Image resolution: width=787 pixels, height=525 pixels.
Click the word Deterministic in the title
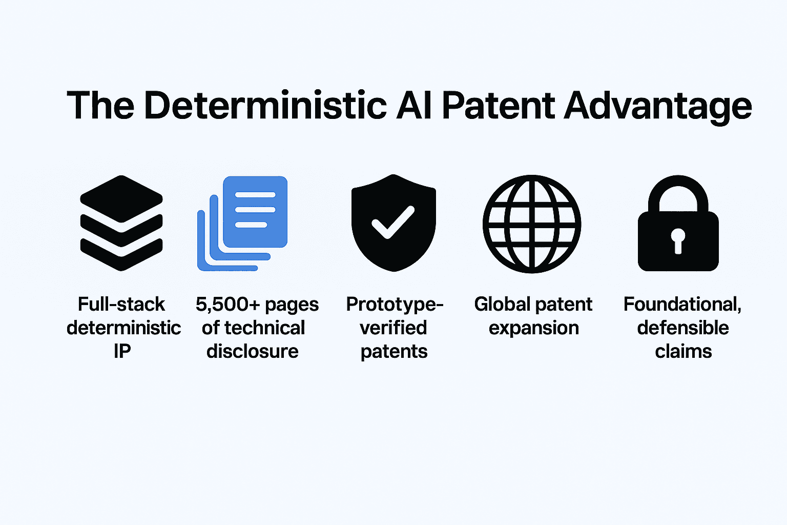point(265,106)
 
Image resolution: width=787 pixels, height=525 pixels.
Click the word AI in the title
point(414,106)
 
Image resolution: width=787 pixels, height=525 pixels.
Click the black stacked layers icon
point(121,223)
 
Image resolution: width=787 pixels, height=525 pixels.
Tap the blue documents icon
point(242,224)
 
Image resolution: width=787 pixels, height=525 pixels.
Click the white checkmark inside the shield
point(393,222)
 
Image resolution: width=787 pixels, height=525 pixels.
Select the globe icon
point(531,224)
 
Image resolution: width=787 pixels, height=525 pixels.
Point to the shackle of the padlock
point(678,183)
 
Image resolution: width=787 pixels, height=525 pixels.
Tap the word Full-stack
point(121,304)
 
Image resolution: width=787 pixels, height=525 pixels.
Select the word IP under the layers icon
point(122,351)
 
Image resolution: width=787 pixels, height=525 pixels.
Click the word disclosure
point(252,351)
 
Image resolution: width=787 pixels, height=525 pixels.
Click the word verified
point(393,328)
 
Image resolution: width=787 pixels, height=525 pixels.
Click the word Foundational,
point(682,305)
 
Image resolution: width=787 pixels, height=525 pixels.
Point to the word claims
point(684,351)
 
